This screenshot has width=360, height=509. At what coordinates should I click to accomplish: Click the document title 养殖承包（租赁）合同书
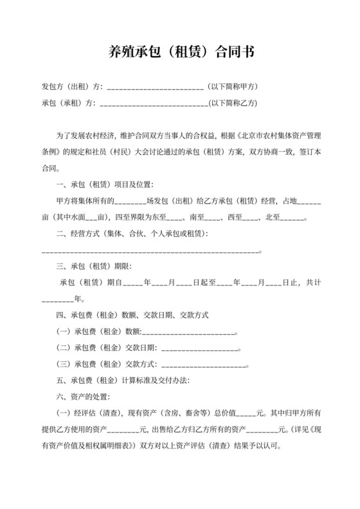(180, 52)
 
